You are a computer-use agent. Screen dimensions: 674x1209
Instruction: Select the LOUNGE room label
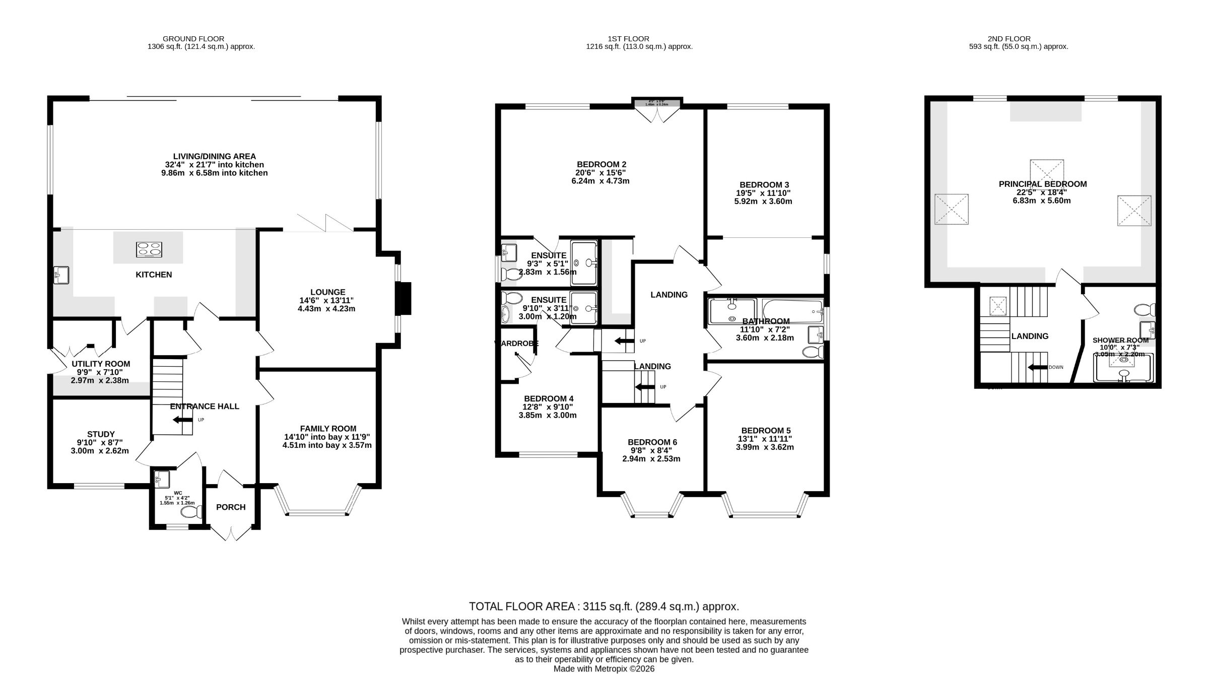click(327, 292)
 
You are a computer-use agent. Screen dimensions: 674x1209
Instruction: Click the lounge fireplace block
click(404, 298)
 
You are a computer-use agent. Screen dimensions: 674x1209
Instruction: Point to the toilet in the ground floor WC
click(190, 513)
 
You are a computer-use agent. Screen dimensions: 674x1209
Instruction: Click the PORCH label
click(231, 507)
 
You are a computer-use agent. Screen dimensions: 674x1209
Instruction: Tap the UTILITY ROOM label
click(101, 364)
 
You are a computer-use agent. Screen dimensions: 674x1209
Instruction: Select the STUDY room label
click(101, 434)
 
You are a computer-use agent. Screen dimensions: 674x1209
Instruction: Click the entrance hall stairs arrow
click(179, 419)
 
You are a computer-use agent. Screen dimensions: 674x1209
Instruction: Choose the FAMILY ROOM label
click(328, 428)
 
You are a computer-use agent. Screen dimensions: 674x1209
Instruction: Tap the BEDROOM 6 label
click(652, 442)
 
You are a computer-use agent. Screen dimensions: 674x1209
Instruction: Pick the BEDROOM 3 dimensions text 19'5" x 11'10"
click(763, 193)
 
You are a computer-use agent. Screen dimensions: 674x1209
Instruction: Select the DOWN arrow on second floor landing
click(1037, 367)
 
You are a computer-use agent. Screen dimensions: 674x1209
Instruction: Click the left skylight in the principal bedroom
click(952, 209)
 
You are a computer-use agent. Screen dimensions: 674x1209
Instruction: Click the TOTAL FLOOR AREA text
click(603, 606)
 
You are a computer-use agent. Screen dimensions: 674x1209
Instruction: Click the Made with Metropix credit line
click(603, 668)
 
